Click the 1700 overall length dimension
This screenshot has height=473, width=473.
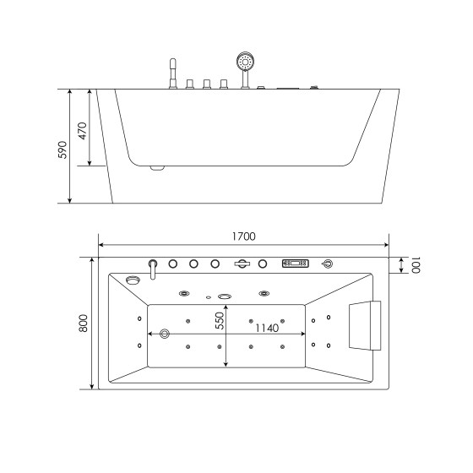243,236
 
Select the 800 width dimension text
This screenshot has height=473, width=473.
83,323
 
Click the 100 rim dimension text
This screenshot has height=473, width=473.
415,265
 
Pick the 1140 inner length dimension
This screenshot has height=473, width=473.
266,328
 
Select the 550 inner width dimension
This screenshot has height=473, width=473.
218,321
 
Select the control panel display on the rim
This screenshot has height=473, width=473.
295,264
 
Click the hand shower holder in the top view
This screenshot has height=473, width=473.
242,264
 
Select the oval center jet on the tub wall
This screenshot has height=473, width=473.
225,296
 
